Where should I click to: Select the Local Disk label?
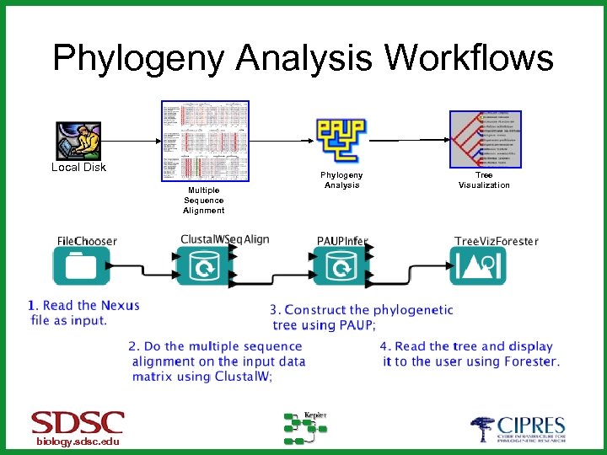tap(78, 168)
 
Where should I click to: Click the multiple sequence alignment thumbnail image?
tap(205, 141)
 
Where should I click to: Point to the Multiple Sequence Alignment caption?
tap(204, 201)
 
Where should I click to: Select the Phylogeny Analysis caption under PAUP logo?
tap(341, 180)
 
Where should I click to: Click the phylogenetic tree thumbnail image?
tap(485, 141)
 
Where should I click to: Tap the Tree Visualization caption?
tap(484, 180)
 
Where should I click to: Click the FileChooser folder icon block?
tap(81, 268)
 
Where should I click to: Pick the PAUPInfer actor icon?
tap(341, 268)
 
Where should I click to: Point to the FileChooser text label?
tap(87, 241)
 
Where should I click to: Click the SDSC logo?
tap(78, 423)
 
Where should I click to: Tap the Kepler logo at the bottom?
tap(305, 428)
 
